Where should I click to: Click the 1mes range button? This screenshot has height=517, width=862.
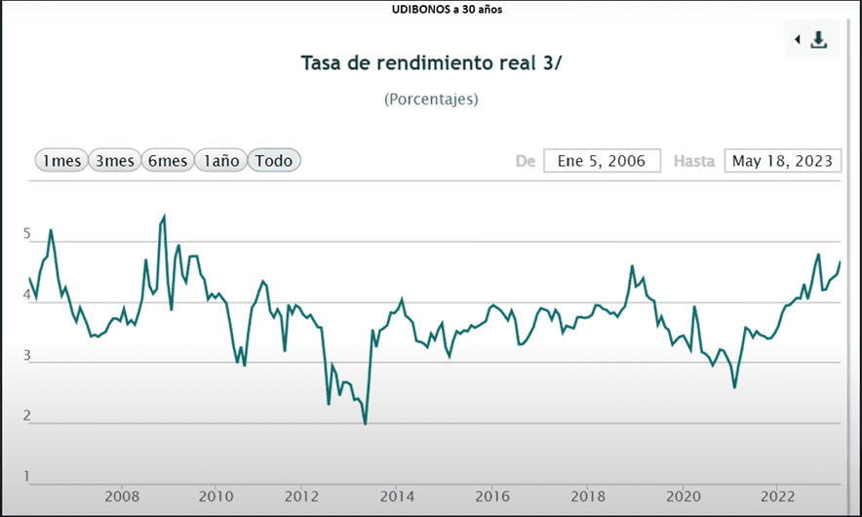60,161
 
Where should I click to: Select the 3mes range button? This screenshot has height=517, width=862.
114,161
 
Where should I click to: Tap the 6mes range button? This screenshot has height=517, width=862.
167,161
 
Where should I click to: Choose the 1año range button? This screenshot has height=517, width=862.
220,161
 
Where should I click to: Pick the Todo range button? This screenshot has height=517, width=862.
274,161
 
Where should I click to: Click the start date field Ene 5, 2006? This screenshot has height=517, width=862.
602,161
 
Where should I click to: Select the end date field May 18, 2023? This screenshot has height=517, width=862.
783,161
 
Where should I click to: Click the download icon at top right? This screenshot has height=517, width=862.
819,39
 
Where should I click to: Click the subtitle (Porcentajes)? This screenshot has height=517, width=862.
431,99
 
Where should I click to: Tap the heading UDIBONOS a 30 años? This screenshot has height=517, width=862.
431,10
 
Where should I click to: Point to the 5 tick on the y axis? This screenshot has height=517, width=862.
27,235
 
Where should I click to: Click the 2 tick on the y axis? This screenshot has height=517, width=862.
27,417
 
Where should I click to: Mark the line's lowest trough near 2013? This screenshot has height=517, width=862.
365,423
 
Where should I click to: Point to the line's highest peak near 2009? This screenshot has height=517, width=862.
164,217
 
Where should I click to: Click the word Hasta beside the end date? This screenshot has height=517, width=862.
694,161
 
